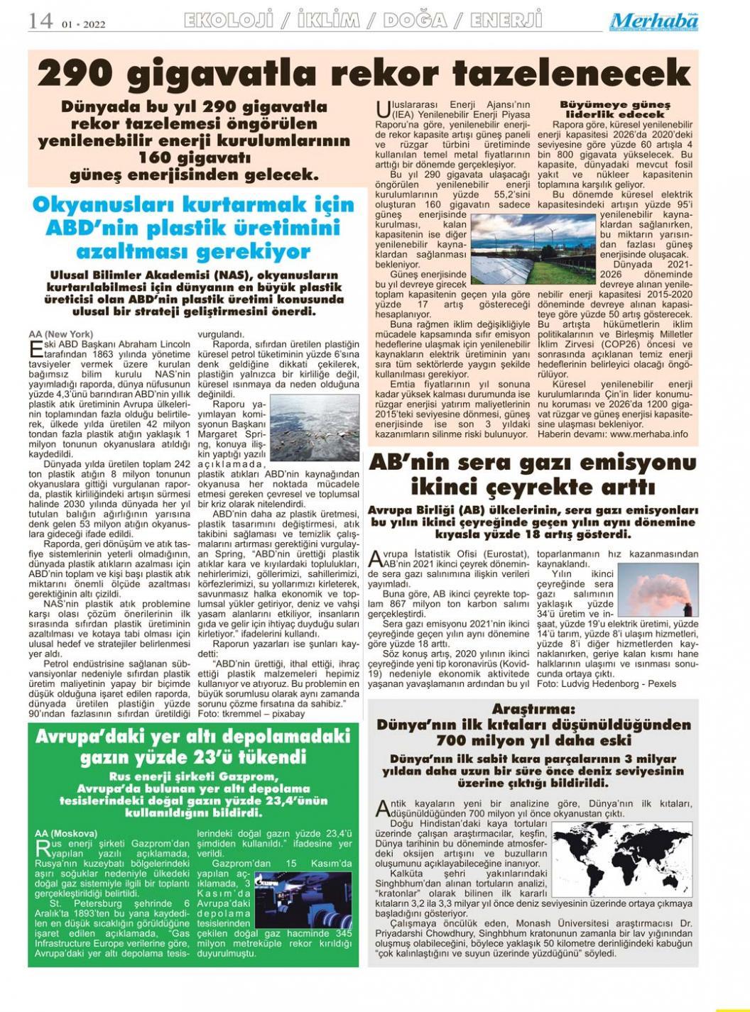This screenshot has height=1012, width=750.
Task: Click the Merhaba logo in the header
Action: coord(653,21)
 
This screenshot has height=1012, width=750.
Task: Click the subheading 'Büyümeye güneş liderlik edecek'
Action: coord(615,109)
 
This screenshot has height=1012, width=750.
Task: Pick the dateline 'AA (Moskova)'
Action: coord(65,833)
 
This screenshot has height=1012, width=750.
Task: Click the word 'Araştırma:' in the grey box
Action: coord(533,710)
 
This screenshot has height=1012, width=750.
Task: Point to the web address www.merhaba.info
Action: coord(649,434)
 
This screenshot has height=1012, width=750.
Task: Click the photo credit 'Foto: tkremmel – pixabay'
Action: coord(250,713)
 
